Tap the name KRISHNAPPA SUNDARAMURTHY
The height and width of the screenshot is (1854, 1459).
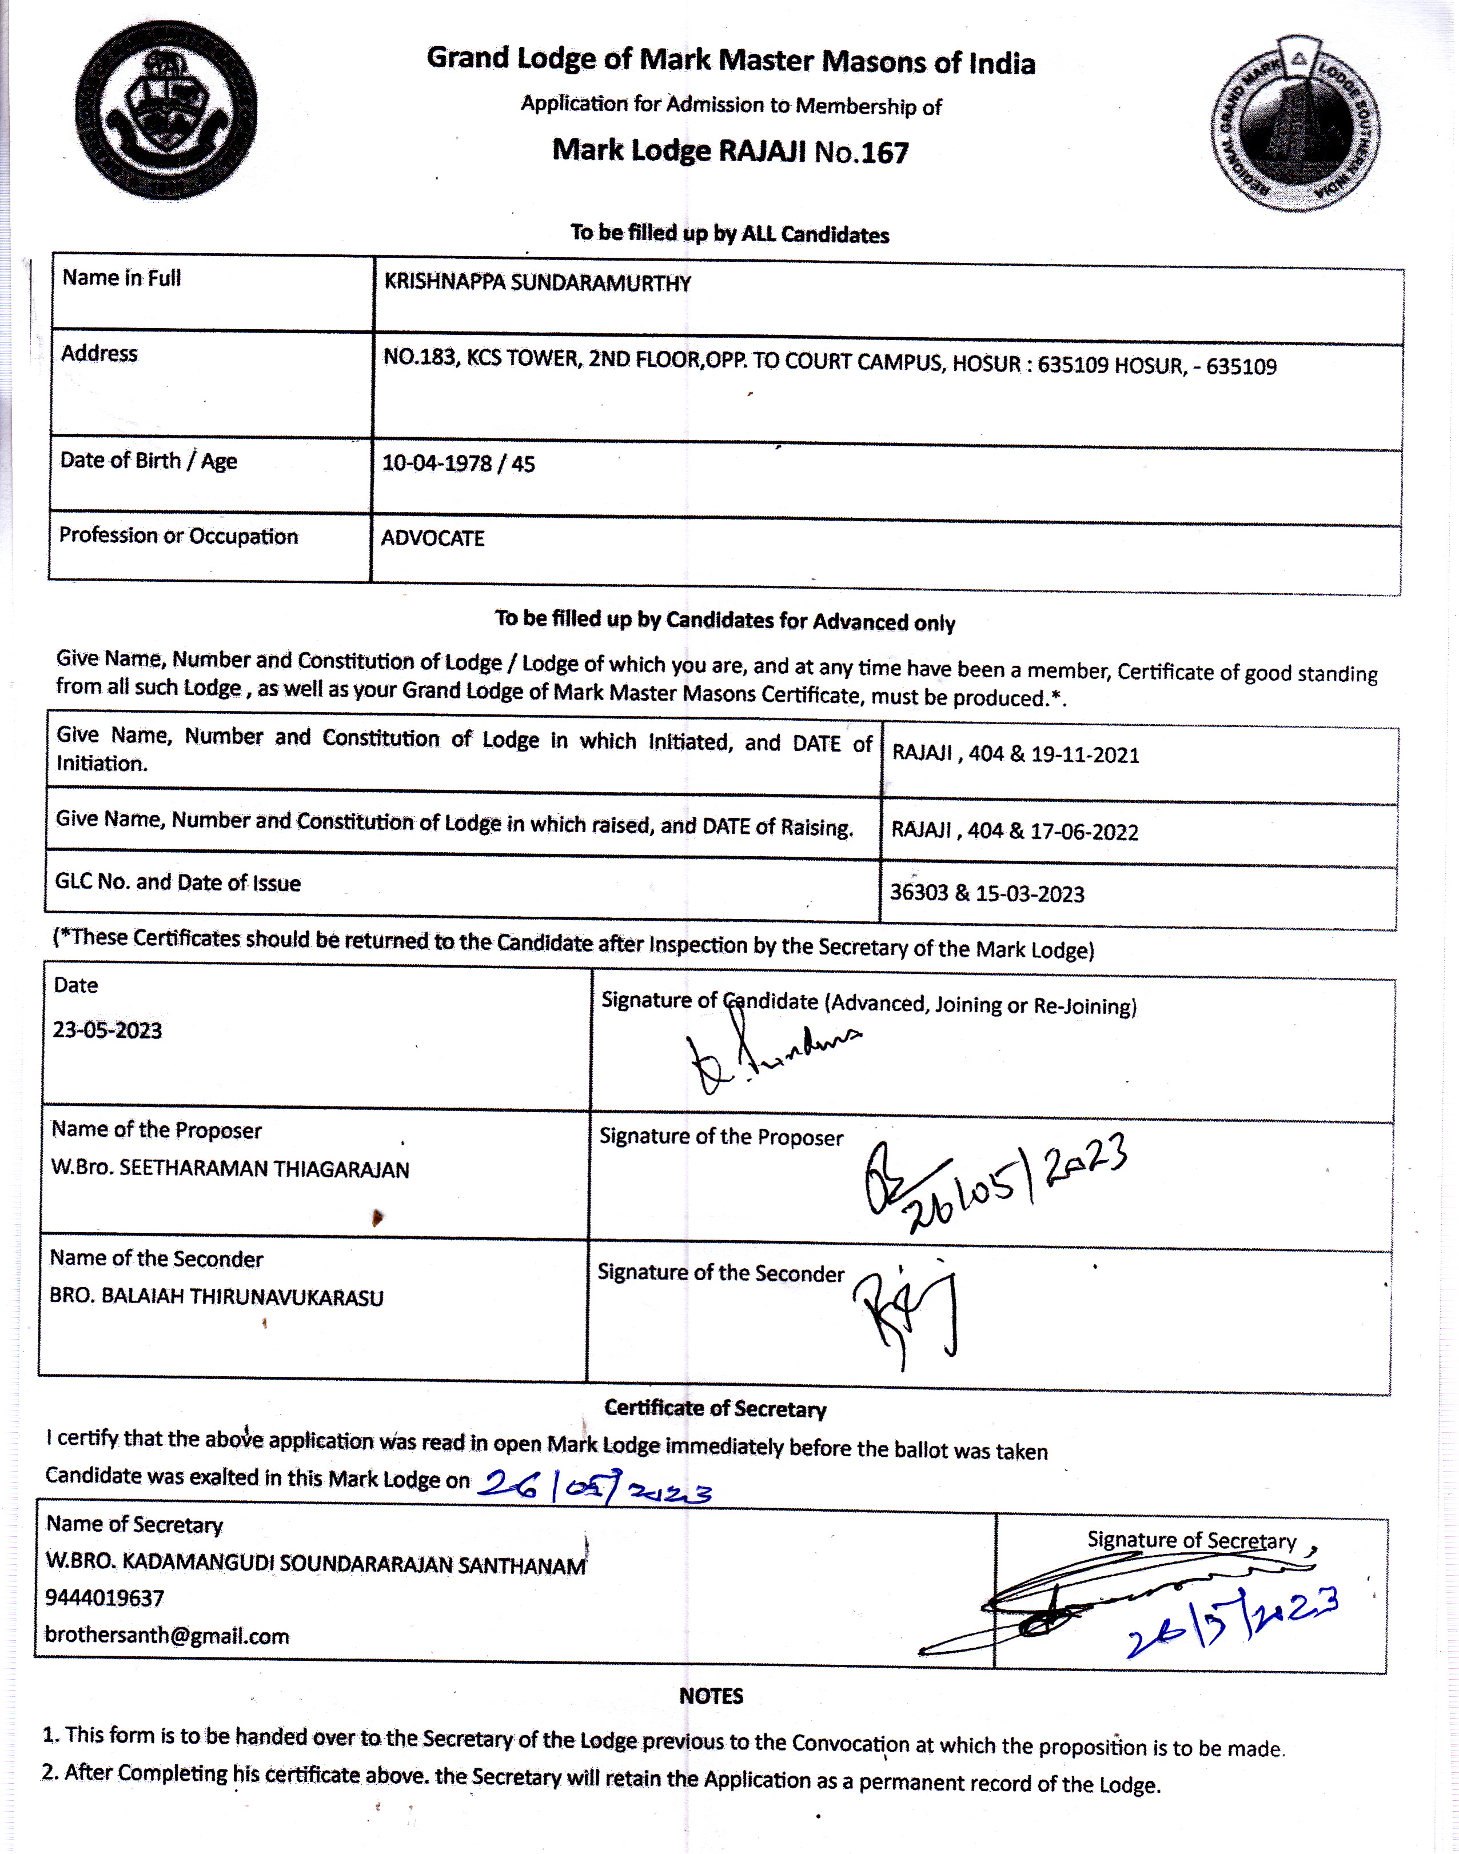tap(537, 283)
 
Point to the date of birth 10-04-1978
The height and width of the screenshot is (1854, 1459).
tap(437, 463)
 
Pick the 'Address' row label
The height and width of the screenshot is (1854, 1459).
tap(99, 354)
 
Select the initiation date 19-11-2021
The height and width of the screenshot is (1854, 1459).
tap(1085, 756)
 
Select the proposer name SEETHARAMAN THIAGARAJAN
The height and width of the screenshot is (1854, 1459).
tap(264, 1170)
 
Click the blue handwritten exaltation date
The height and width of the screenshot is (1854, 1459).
tap(593, 1488)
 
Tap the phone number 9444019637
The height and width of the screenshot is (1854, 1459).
tap(104, 1599)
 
